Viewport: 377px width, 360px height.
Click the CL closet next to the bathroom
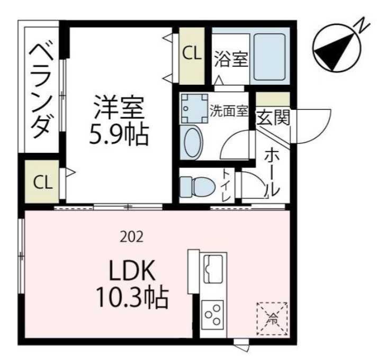pyautogui.click(x=192, y=53)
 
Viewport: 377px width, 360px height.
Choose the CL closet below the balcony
pyautogui.click(x=43, y=182)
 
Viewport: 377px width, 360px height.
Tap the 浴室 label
pyautogui.click(x=231, y=59)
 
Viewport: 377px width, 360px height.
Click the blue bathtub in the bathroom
pyautogui.click(x=270, y=57)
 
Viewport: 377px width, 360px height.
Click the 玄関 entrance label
pyautogui.click(x=273, y=118)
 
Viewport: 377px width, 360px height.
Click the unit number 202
pyautogui.click(x=132, y=237)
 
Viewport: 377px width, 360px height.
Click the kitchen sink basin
pyautogui.click(x=214, y=268)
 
